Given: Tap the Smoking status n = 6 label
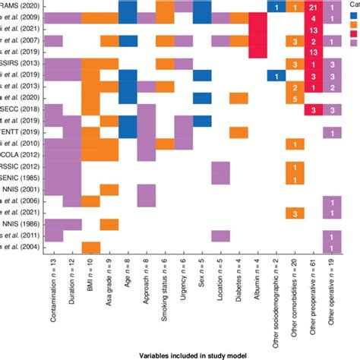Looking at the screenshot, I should click(x=165, y=293).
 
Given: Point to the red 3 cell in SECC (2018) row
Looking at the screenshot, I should click(x=313, y=109).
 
